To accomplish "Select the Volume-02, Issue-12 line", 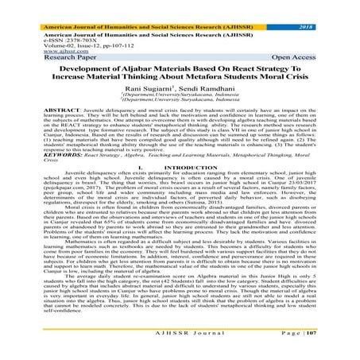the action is click(x=60, y=32).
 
